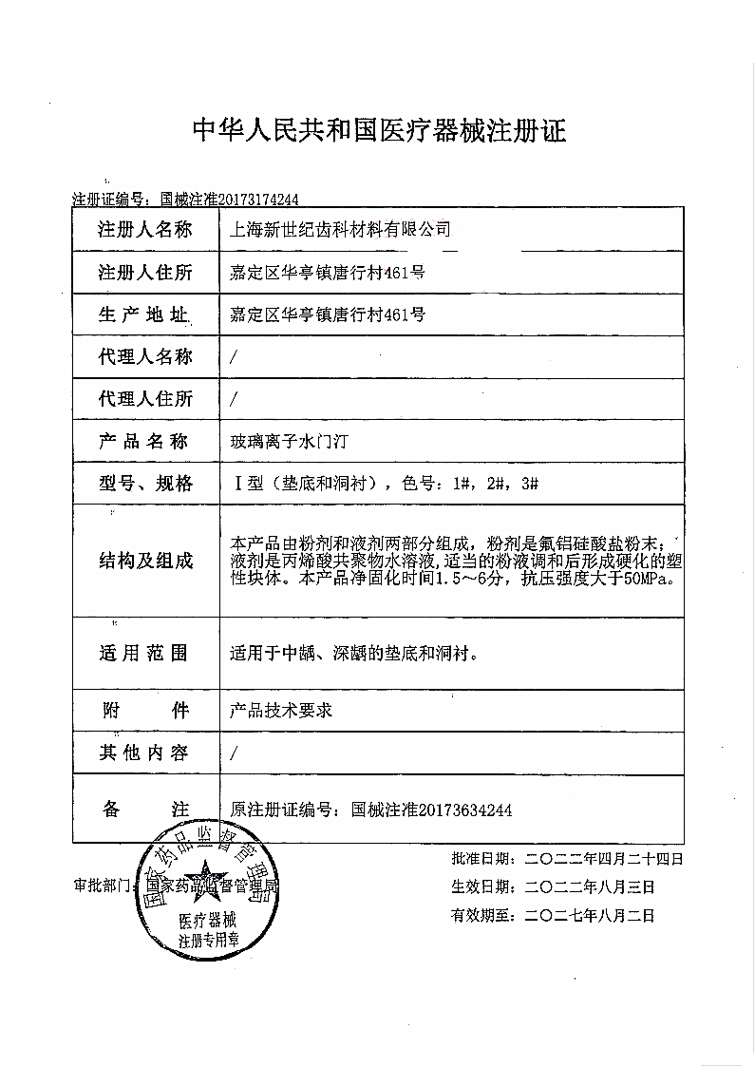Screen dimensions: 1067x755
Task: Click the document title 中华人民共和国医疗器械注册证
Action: pos(379,131)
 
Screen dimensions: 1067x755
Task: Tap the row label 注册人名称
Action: pos(145,229)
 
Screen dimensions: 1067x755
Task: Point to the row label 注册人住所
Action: pos(145,273)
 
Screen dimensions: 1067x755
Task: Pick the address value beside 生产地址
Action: pos(328,314)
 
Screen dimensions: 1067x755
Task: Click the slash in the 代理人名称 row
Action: pos(235,357)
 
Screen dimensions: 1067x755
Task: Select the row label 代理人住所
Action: pos(145,399)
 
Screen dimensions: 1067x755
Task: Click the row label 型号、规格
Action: pos(145,484)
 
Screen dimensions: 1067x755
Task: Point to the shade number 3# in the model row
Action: pos(530,484)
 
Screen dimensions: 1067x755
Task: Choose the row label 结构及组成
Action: pos(145,561)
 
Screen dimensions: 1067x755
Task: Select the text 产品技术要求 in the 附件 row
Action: pos(281,710)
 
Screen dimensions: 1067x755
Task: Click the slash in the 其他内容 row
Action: pos(235,753)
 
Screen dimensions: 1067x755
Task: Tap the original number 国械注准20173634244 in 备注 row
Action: pos(432,810)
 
